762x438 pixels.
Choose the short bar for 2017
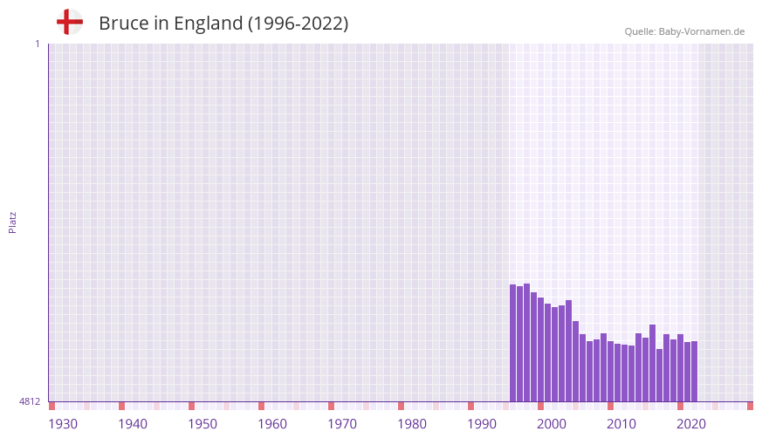(659, 375)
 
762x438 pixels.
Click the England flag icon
(69, 23)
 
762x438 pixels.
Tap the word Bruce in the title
(123, 24)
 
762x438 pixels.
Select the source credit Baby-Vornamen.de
(684, 31)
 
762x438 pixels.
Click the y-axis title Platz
(12, 222)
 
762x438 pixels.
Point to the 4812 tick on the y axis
(29, 401)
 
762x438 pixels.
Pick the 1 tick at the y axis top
(37, 44)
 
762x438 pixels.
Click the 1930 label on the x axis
(63, 424)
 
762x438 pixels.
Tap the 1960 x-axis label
(272, 424)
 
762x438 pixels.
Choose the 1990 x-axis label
(482, 424)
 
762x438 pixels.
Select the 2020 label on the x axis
(691, 424)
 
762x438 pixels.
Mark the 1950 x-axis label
(203, 424)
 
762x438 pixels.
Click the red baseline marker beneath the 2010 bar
(610, 406)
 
